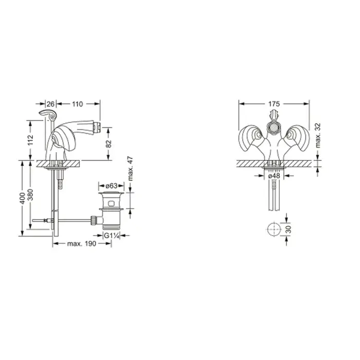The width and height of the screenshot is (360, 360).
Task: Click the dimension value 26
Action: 50,104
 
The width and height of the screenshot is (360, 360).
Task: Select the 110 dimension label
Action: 77,104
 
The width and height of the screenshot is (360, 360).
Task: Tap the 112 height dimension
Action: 30,140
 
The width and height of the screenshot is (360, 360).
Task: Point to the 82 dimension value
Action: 109,143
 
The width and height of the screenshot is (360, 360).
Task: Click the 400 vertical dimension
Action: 22,198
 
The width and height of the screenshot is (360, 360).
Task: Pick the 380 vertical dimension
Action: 30,194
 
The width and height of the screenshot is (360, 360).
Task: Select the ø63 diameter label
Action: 112,186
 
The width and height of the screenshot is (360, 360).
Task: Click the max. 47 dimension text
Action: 130,169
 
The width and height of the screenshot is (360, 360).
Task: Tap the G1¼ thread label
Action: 112,236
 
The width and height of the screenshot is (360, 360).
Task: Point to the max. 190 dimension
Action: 81,244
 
